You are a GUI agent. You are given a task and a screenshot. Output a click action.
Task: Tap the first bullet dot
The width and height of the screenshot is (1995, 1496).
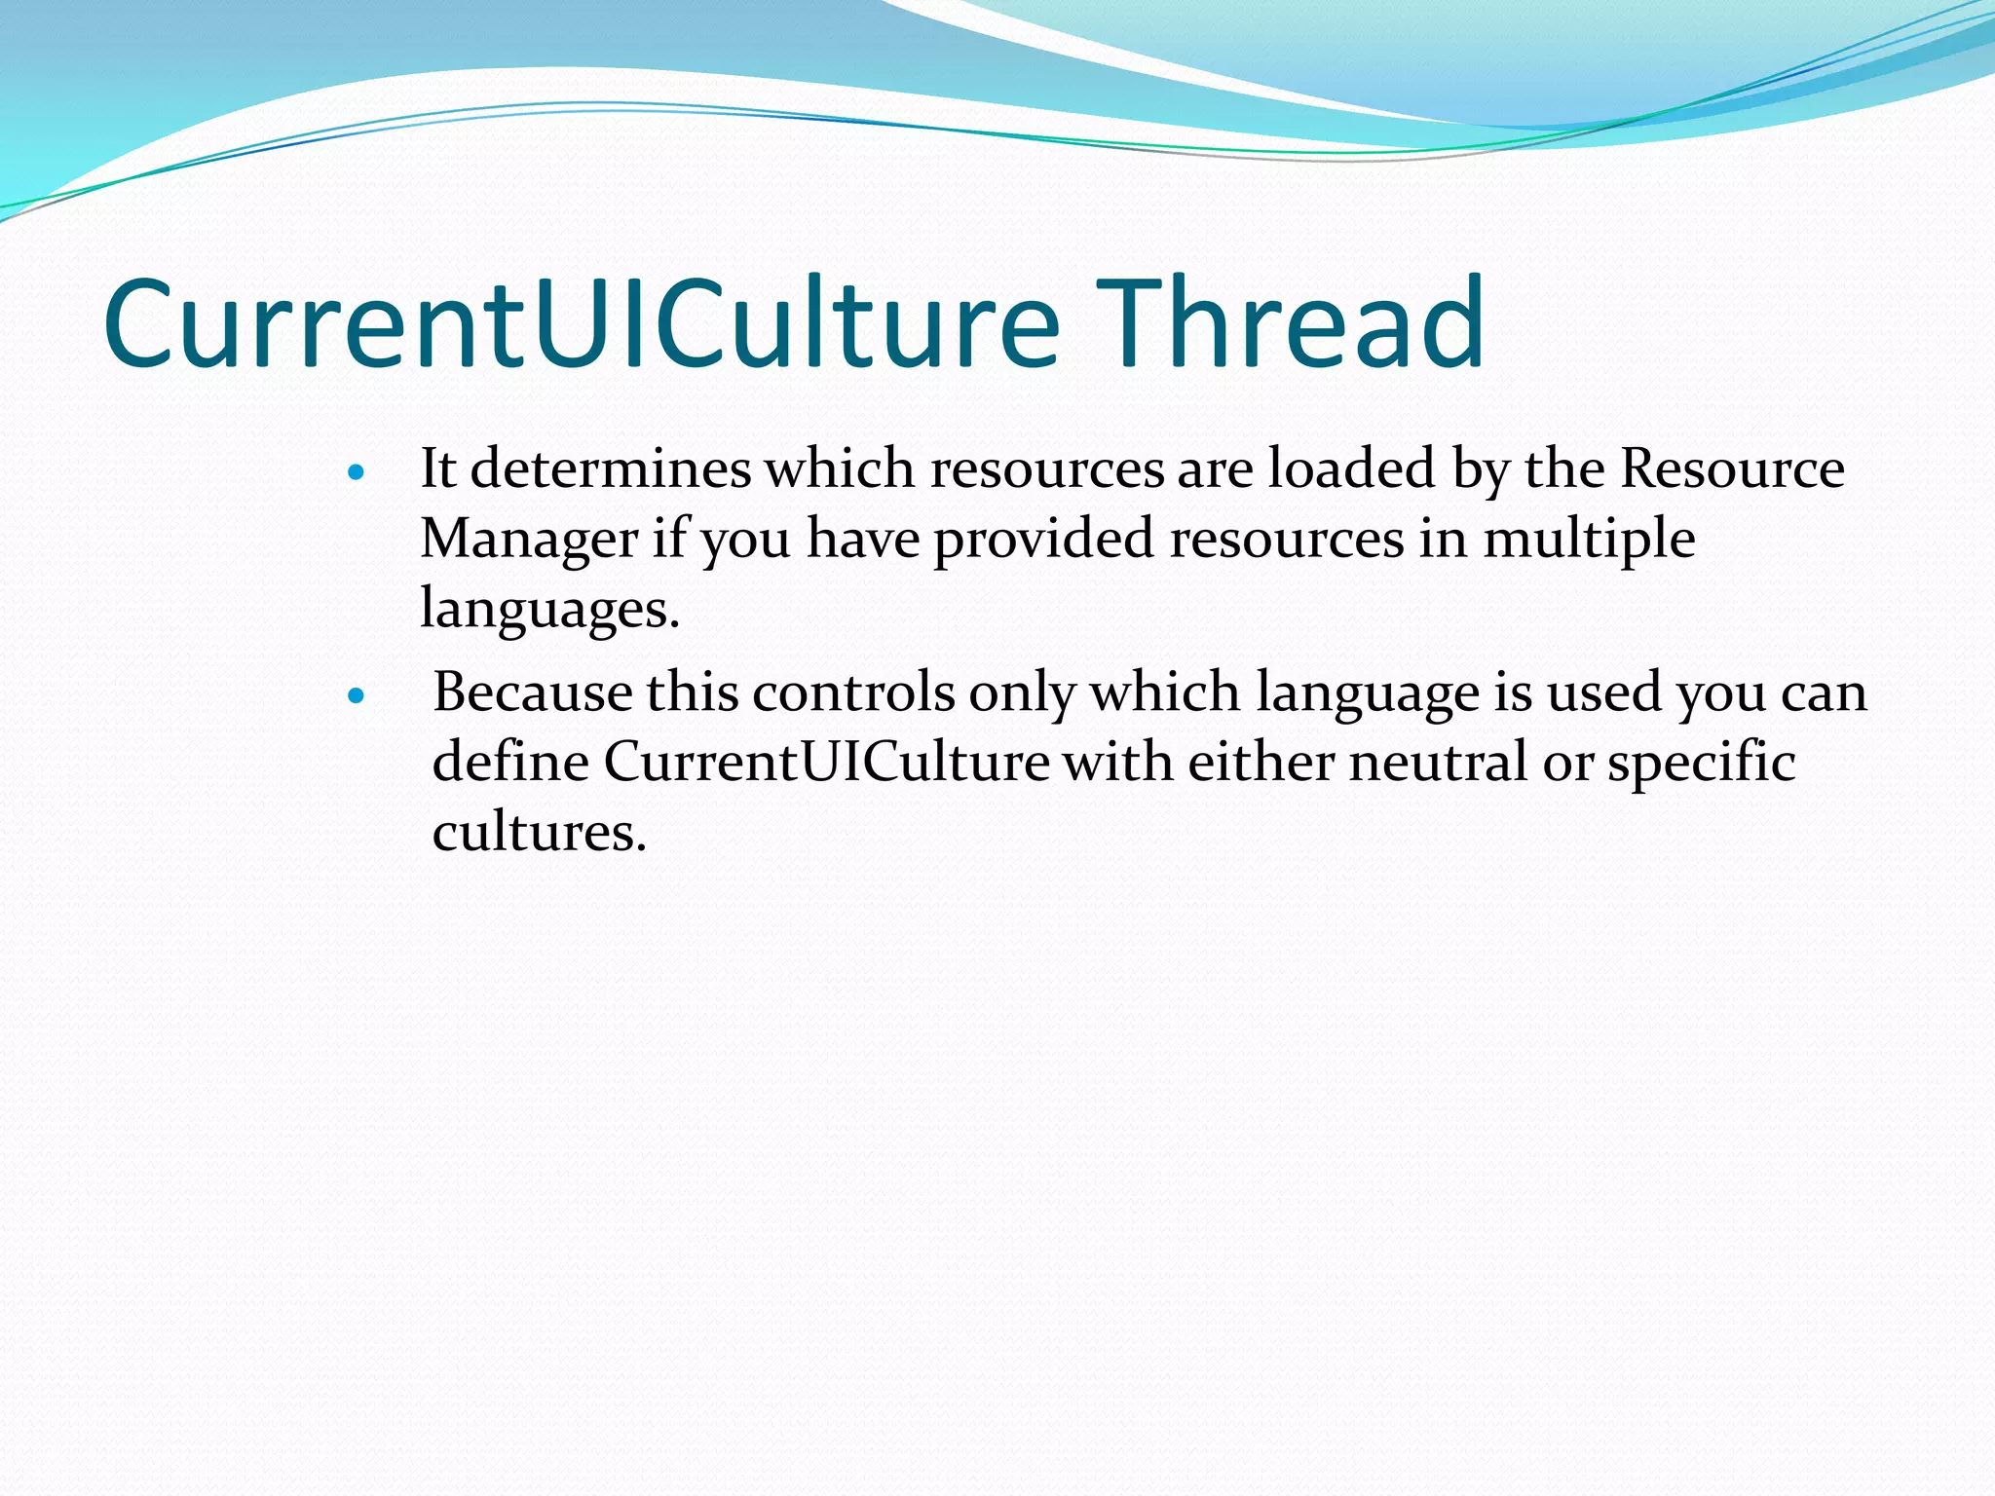coord(356,473)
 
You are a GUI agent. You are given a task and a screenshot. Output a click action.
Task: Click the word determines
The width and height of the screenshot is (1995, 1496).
coord(611,468)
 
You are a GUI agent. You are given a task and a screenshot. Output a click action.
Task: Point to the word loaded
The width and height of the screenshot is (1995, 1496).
coord(1352,468)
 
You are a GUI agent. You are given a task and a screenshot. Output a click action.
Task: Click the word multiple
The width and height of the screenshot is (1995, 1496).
coord(1589,539)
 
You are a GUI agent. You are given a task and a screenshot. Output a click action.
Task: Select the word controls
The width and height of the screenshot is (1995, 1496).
coord(853,692)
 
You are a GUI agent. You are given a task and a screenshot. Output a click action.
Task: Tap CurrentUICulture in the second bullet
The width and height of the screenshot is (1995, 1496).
coord(826,763)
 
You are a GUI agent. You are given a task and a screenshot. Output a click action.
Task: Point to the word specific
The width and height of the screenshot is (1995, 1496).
coord(1701,763)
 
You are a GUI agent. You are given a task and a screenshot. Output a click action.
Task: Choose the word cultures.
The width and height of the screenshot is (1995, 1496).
coord(539,834)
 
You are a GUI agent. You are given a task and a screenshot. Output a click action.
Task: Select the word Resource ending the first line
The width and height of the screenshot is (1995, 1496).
coord(1732,468)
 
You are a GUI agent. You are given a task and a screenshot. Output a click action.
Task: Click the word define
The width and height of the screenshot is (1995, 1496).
coord(510,763)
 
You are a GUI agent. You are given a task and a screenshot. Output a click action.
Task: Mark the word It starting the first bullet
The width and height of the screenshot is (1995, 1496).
coord(437,468)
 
